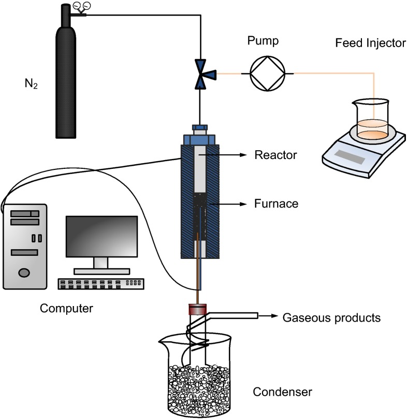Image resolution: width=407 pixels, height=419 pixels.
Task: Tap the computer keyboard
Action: coord(101,283)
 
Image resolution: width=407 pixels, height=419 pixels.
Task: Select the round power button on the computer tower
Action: coord(23,272)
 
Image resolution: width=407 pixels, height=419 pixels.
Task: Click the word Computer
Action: coord(66,309)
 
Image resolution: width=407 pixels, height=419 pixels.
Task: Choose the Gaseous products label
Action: coord(331,317)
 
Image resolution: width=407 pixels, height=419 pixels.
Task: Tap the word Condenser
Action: coord(282,392)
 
